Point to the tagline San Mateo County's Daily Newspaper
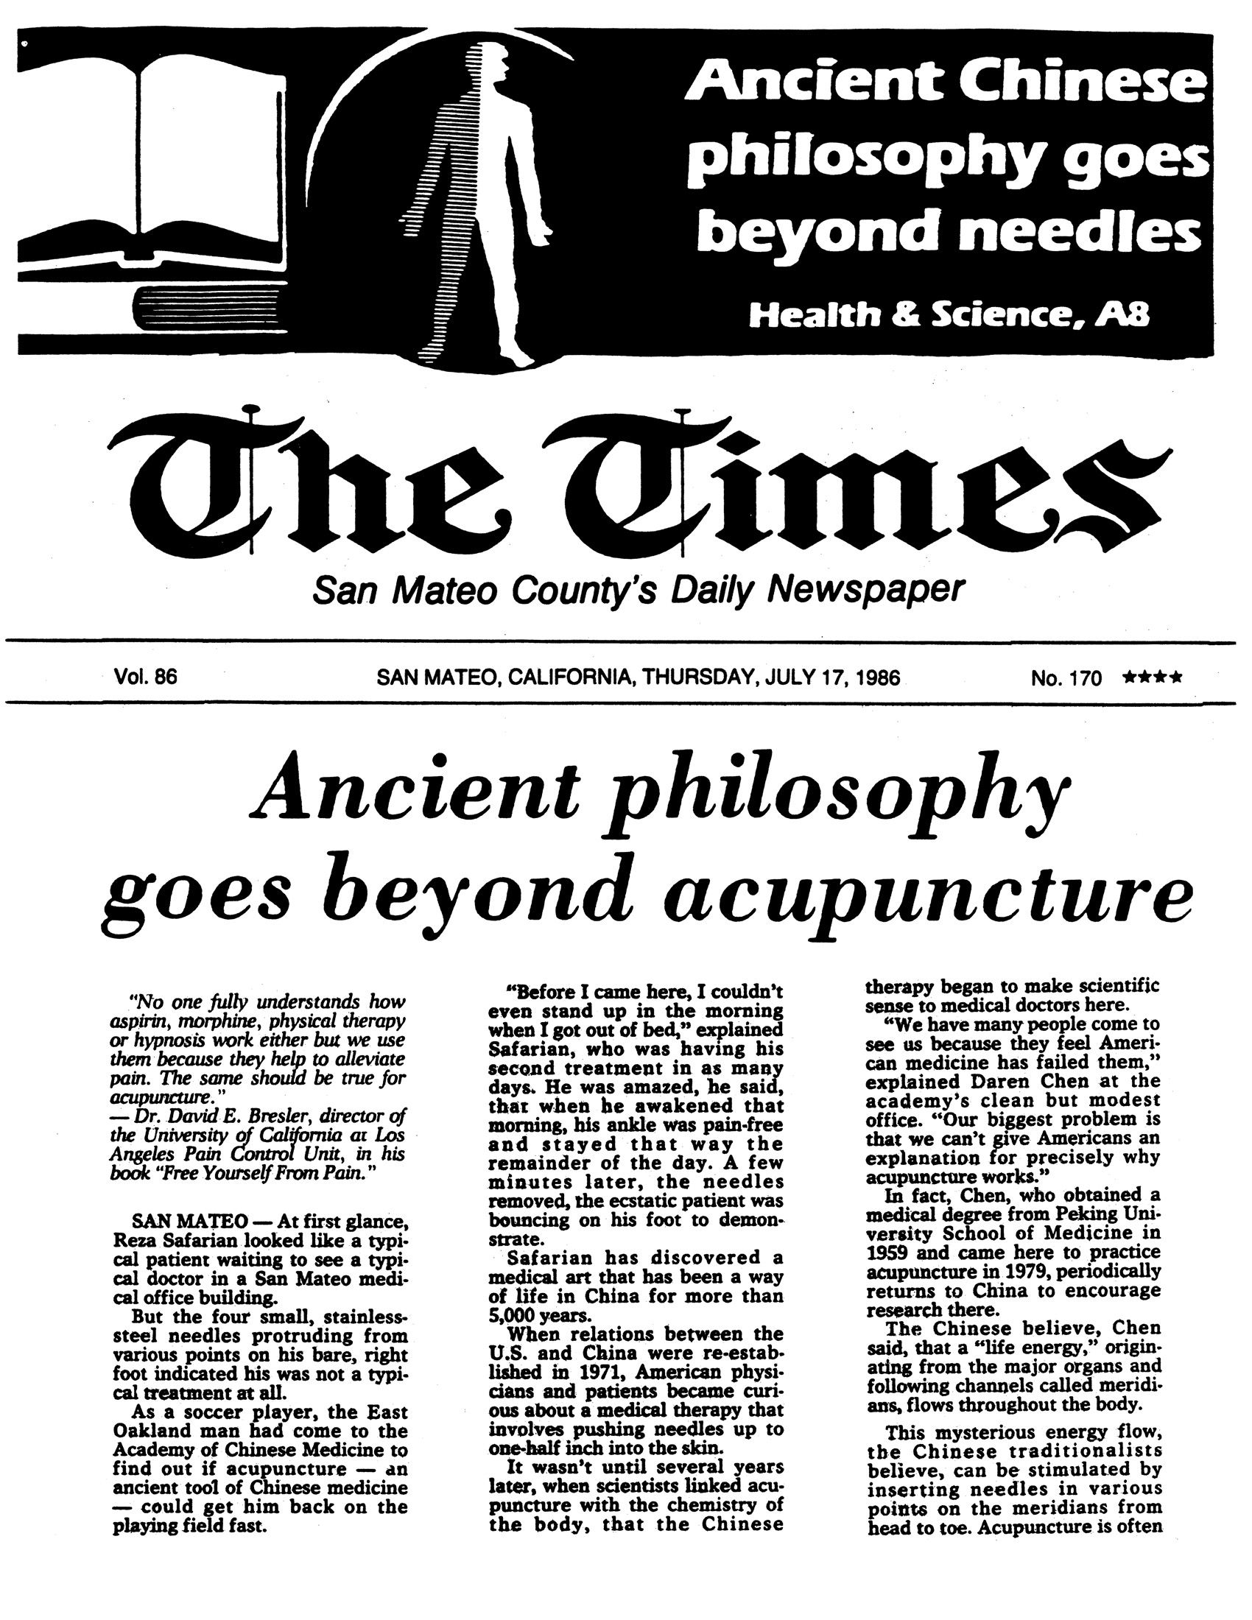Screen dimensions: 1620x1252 638,592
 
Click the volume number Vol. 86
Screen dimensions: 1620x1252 145,677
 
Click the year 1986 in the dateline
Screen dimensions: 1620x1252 877,677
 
